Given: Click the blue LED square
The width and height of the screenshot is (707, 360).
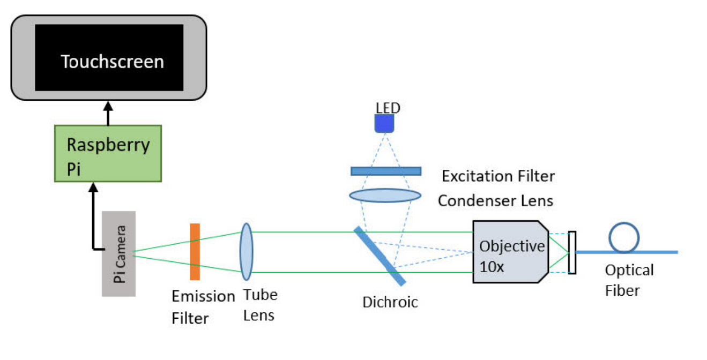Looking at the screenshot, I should [384, 124].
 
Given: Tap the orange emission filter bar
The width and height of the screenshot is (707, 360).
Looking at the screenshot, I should [195, 252].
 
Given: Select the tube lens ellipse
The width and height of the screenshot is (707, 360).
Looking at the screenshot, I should [246, 252].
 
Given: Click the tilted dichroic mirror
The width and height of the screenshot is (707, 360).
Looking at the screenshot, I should [379, 256].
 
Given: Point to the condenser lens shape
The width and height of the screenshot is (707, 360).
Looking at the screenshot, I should [385, 194].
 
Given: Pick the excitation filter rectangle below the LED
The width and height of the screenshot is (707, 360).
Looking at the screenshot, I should [385, 171].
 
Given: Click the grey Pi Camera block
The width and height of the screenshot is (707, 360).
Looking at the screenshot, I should [118, 253].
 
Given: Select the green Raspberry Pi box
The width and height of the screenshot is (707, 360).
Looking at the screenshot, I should [108, 153].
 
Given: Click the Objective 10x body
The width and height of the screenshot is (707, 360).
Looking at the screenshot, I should [509, 252].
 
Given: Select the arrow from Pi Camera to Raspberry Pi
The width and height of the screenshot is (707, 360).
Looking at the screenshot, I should [94, 214].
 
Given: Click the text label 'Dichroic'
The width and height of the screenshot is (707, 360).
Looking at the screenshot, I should [390, 302].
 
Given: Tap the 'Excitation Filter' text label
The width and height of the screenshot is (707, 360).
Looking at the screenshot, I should [498, 176].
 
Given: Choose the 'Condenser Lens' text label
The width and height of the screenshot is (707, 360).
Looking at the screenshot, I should [496, 201].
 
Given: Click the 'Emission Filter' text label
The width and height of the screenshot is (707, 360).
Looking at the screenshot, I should [203, 307].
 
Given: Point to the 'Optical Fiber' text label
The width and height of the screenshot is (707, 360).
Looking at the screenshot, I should [629, 280].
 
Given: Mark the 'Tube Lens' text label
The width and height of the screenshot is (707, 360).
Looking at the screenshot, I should [260, 304].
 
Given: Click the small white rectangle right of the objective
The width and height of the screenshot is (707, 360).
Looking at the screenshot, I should [572, 252].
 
